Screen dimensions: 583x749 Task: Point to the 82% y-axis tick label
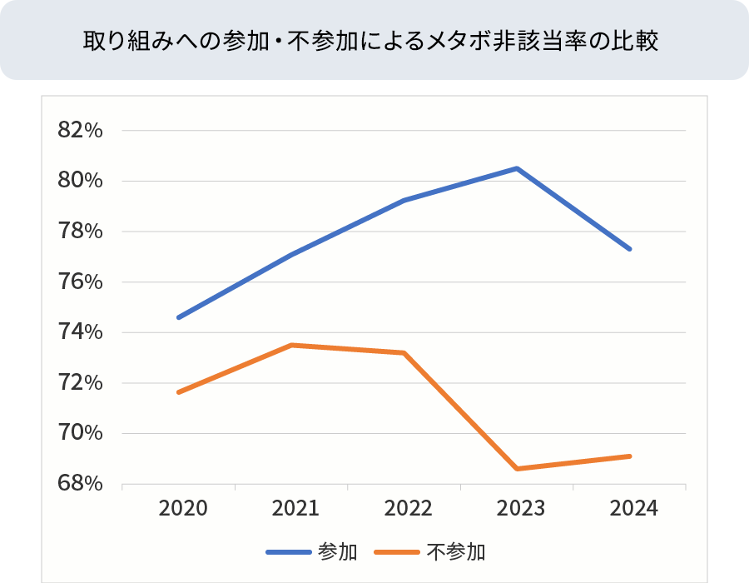80,131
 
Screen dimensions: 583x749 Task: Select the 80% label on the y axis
80,181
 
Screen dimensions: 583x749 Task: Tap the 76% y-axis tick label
80,282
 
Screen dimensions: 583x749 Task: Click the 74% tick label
80,332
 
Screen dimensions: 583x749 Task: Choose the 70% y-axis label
80,433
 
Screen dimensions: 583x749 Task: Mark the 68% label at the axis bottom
80,484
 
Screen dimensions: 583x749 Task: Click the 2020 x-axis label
179,508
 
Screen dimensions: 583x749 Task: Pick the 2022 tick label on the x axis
404,508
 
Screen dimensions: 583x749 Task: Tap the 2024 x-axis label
630,508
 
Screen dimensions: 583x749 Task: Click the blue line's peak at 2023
517,168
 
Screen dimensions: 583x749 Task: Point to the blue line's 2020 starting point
179,317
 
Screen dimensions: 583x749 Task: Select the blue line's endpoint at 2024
630,249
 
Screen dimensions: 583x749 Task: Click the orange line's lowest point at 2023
517,469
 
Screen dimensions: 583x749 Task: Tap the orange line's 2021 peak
292,345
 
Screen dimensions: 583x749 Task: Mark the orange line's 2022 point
404,352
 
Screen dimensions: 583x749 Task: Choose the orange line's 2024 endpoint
630,456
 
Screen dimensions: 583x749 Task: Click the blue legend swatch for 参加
288,551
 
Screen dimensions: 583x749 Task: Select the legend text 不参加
456,551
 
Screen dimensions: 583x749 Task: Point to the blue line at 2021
292,254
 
